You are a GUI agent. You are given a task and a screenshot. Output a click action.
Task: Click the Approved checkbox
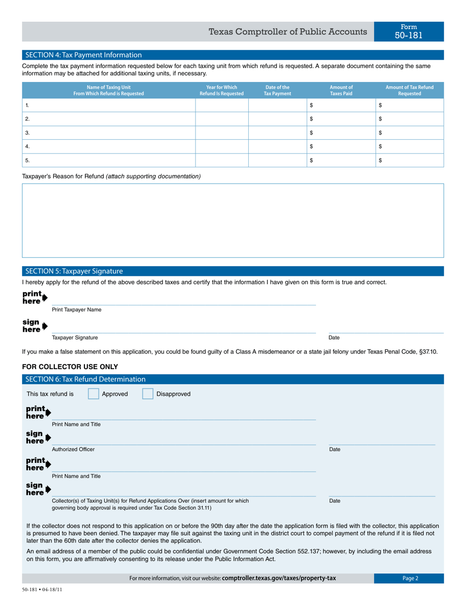[x=93, y=394]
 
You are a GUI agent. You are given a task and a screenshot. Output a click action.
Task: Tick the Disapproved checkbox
[x=148, y=394]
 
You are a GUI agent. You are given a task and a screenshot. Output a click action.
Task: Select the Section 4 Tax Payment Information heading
[x=83, y=55]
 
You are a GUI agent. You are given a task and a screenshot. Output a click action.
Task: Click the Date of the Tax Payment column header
[x=277, y=90]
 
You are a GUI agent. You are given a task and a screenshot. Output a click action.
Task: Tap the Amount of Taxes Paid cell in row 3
[x=341, y=133]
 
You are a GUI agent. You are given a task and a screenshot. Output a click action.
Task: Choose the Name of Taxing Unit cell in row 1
[x=109, y=105]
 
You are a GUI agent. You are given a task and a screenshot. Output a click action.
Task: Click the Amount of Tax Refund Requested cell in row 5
[x=410, y=160]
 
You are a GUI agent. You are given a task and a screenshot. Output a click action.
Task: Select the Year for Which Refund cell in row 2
[x=222, y=119]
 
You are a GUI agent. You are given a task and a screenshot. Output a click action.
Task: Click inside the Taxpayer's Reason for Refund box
[x=233, y=220]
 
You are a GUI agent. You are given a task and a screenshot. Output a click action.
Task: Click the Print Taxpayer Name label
[x=77, y=310]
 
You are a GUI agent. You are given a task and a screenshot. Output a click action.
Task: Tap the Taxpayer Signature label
[x=75, y=338]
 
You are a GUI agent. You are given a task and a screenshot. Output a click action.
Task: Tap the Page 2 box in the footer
[x=409, y=578]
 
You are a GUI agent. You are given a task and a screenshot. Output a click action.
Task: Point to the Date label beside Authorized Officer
[x=334, y=450]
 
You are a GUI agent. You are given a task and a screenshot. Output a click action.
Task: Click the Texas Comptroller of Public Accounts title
[x=288, y=32]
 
